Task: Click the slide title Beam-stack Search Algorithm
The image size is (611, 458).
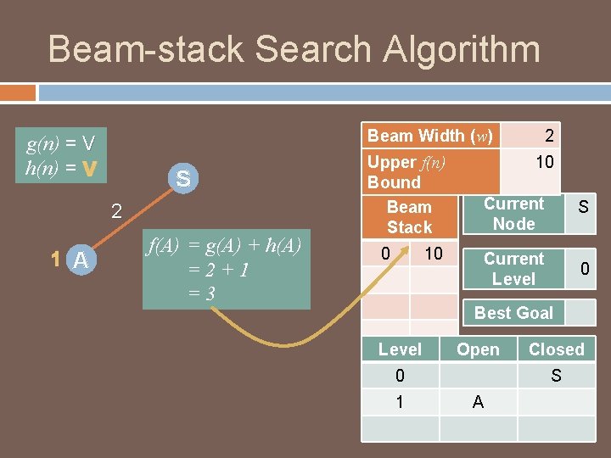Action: pos(294,49)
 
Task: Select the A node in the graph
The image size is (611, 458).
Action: pos(81,261)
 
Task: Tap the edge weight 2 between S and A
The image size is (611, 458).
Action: pos(117,211)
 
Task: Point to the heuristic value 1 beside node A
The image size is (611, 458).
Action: pos(53,260)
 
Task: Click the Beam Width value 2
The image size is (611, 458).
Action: pos(549,135)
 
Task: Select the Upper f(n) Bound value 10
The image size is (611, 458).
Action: pos(545,162)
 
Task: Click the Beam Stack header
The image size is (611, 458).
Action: pos(409,217)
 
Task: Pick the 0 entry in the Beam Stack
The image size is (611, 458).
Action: pos(385,254)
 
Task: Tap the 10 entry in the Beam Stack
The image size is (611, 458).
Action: pos(433,254)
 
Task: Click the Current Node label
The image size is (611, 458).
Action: pos(514,214)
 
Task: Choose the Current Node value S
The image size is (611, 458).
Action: pos(583,206)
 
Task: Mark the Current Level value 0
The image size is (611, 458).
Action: pos(584,269)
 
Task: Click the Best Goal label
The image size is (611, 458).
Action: pos(513,313)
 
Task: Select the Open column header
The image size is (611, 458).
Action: pos(478,349)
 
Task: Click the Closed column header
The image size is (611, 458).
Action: pos(556,349)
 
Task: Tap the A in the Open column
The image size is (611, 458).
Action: pos(478,402)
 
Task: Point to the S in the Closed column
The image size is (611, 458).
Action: pos(556,376)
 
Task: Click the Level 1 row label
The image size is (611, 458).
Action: pos(400,402)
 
